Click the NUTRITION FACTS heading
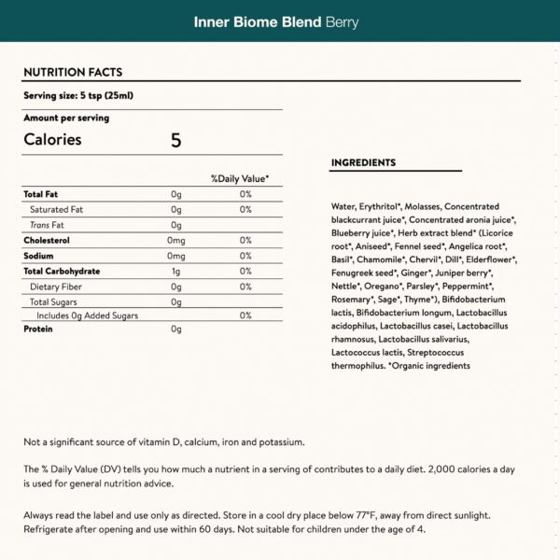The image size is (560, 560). tap(72, 72)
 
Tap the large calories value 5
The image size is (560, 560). tap(175, 140)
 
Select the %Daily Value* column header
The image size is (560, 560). tap(240, 178)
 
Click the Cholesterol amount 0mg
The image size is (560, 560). tap(176, 240)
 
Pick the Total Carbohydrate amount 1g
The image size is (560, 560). tap(175, 271)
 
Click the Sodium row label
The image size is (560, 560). tap(38, 256)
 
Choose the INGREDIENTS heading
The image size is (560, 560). tap(363, 162)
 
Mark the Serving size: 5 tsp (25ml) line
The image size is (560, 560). tap(77, 95)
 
